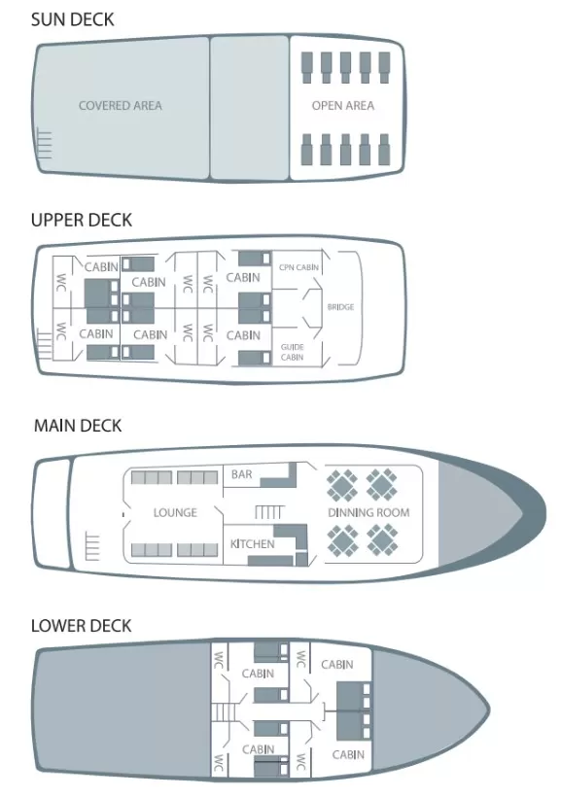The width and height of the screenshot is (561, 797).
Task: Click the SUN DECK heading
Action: click(72, 19)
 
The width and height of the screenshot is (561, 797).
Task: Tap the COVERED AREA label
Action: click(120, 106)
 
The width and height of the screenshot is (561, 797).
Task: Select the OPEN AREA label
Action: click(343, 106)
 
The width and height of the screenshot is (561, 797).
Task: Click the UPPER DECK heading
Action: click(82, 220)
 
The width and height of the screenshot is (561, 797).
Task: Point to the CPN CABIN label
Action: click(298, 267)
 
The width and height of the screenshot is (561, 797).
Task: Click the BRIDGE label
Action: click(340, 307)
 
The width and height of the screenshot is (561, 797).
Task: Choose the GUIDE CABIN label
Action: click(293, 352)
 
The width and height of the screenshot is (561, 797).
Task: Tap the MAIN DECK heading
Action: click(78, 426)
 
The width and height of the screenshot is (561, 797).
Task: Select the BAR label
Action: click(241, 474)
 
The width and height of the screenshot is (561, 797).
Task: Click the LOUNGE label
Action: click(175, 512)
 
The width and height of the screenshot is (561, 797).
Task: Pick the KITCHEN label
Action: click(252, 544)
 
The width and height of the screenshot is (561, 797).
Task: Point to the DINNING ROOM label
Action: click(368, 512)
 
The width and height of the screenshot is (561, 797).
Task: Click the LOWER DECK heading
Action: click(82, 626)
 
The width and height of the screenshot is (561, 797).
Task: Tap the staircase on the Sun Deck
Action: click(45, 145)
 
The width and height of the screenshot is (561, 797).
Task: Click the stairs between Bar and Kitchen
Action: click(269, 512)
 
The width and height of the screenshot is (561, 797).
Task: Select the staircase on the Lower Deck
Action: click(222, 711)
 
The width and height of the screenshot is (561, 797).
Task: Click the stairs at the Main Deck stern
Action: click(92, 546)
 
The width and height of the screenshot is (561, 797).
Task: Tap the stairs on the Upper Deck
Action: click(45, 344)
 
